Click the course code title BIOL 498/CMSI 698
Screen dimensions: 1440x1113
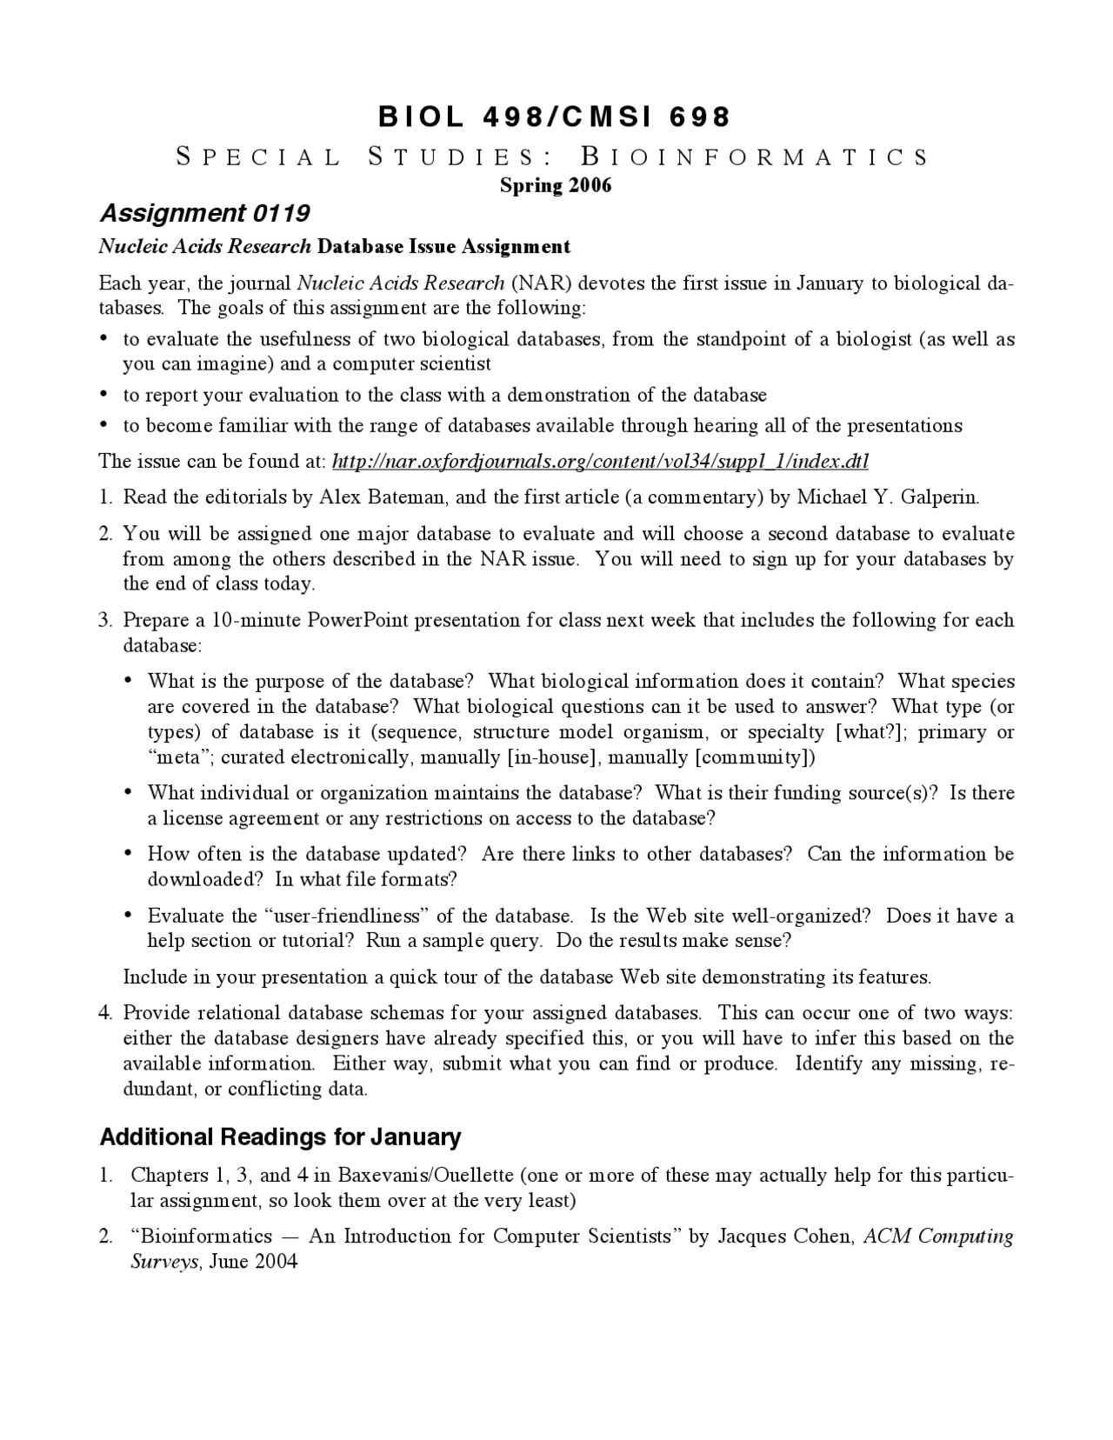click(x=555, y=117)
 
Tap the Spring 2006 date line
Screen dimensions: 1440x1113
click(x=556, y=185)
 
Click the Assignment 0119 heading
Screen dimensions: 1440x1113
click(x=205, y=213)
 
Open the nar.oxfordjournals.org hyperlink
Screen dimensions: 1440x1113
click(x=600, y=461)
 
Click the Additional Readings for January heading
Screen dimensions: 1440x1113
click(x=280, y=1137)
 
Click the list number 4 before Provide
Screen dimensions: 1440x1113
click(x=105, y=1013)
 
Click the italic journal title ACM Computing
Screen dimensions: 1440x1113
click(x=938, y=1237)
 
